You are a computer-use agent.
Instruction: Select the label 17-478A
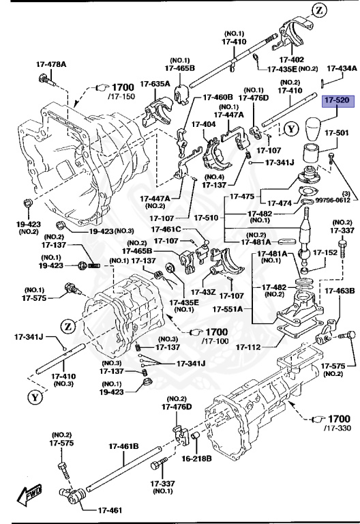(52, 65)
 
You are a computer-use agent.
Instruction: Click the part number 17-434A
(341, 68)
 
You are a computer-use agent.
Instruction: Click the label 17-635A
(155, 84)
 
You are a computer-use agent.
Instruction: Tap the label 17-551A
(229, 309)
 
